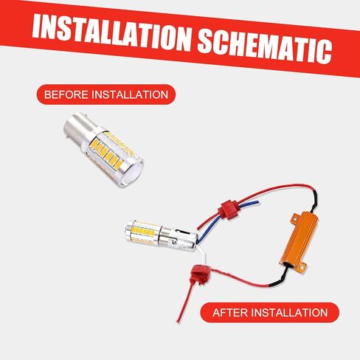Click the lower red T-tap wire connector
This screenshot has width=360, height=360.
197,270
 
